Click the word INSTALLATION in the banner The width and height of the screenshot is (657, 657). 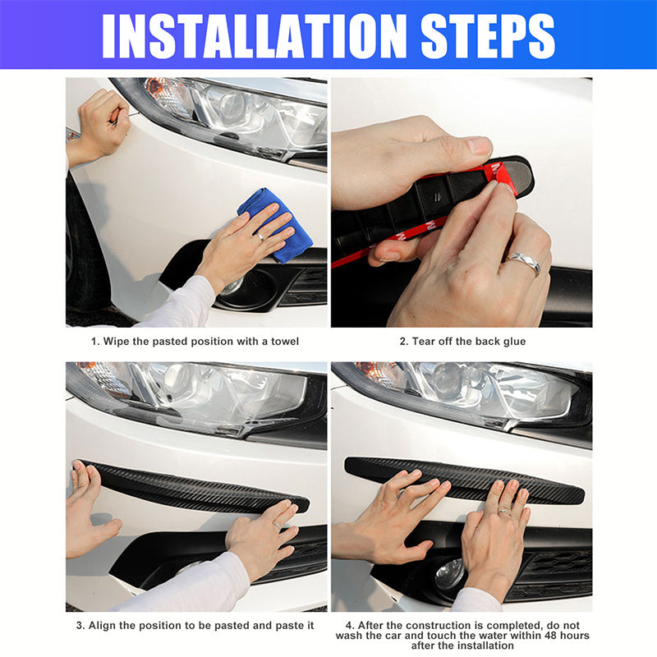[x=254, y=36]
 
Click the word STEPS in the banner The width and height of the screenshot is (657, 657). [x=488, y=36]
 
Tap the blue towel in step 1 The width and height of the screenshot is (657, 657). [x=278, y=224]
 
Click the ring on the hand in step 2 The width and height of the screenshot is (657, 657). [x=523, y=263]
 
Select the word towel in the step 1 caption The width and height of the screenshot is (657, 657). [x=285, y=342]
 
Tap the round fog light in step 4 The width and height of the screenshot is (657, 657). [x=450, y=573]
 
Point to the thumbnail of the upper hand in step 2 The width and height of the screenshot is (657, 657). [x=479, y=146]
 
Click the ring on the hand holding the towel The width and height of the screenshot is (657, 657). [x=260, y=237]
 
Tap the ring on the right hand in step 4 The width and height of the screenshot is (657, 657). [x=505, y=511]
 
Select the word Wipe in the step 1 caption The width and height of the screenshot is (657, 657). [x=116, y=342]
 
